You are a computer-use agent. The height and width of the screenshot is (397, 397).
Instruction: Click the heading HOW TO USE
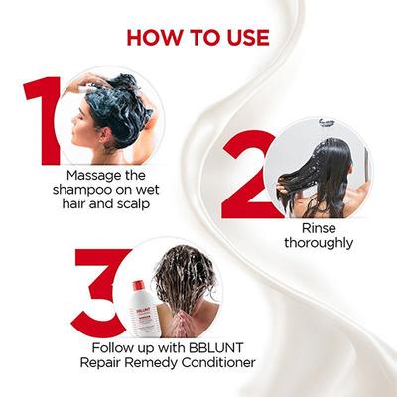point(198,38)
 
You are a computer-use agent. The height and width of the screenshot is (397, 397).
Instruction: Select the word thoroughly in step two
point(317,244)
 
